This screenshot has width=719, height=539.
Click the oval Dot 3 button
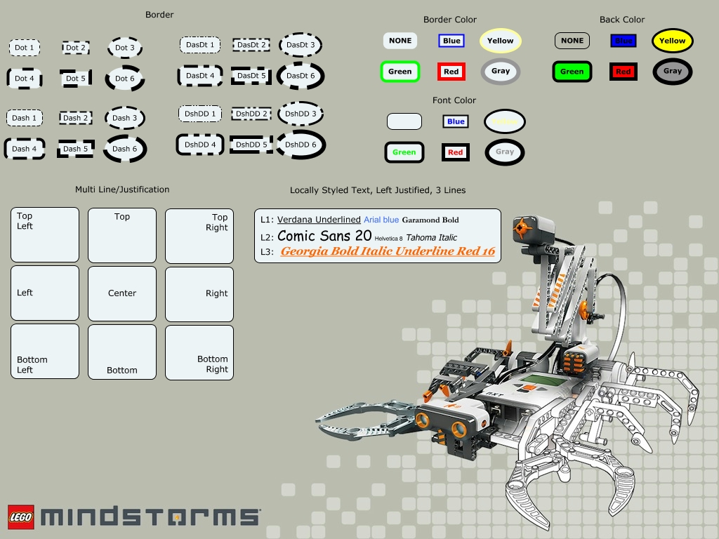(x=125, y=48)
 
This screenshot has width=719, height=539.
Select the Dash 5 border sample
(x=76, y=149)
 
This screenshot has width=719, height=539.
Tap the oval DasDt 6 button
(x=301, y=76)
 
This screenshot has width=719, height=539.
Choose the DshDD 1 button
(x=200, y=114)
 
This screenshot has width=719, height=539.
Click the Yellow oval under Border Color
(x=501, y=41)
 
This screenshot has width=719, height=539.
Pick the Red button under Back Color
(x=623, y=72)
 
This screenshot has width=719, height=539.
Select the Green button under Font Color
(x=404, y=152)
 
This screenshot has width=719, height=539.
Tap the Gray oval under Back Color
(x=672, y=71)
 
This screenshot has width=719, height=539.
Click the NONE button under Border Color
(x=400, y=41)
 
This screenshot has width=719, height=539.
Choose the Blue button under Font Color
(x=456, y=121)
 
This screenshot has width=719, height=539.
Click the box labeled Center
(x=122, y=293)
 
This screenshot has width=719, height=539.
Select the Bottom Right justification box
(x=199, y=352)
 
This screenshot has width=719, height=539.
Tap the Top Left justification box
(x=45, y=234)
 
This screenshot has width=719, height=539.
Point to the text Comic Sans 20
(x=324, y=237)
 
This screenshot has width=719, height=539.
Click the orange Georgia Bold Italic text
(x=388, y=251)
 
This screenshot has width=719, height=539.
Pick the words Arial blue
(x=381, y=220)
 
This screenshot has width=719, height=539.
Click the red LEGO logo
(x=21, y=517)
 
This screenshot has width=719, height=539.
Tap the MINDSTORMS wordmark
(x=150, y=517)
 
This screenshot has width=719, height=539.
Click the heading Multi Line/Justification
(x=122, y=189)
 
